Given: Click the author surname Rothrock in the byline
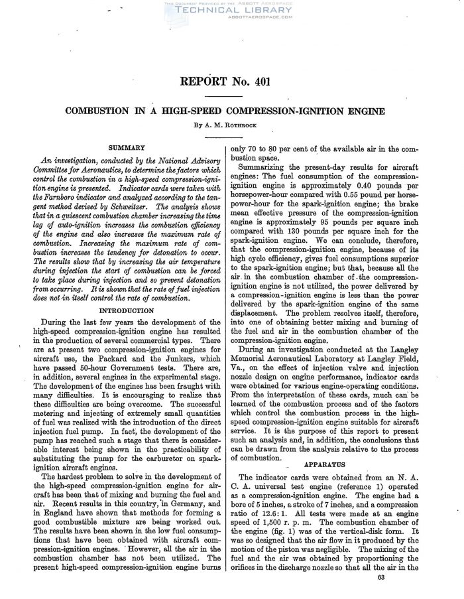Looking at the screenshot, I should [x=248, y=125].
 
